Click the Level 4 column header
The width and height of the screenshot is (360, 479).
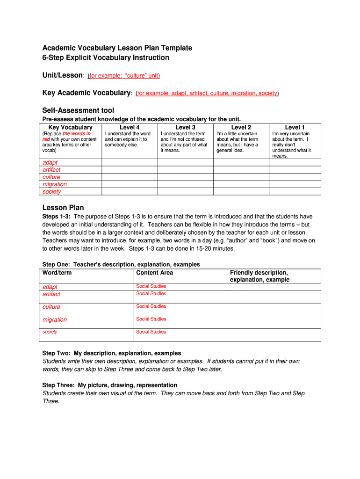130,127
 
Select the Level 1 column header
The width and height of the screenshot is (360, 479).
295,127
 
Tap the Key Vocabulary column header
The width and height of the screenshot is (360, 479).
71,127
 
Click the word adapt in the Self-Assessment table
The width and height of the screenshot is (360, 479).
50,162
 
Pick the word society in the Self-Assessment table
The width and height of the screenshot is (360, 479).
51,191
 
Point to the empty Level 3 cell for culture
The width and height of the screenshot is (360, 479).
185,177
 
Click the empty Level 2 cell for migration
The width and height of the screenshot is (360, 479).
241,184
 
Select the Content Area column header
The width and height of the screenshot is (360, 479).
154,273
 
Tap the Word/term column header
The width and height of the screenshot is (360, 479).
57,273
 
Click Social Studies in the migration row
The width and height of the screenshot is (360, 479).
151,319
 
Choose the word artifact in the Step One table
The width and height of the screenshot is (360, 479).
51,294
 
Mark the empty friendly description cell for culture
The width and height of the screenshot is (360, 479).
274,309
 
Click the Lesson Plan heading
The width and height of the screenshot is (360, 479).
63,208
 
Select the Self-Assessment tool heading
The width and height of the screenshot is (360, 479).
78,110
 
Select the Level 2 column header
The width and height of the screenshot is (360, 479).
241,127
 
